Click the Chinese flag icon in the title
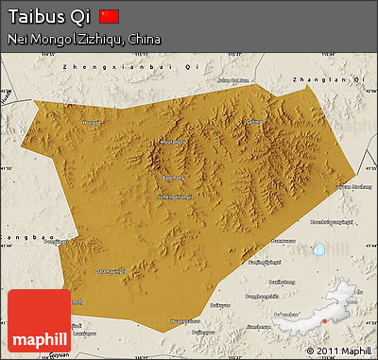pos(110,16)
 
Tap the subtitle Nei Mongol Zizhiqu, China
pos(83,40)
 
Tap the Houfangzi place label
pos(173,142)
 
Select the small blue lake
pos(319,250)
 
